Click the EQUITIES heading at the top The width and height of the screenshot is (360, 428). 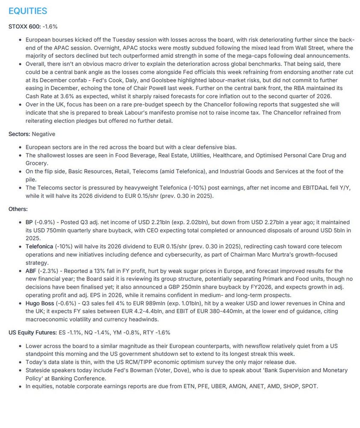[x=28, y=11]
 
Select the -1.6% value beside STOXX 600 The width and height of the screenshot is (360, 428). [x=50, y=27]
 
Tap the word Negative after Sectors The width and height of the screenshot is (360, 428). [x=43, y=134]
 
